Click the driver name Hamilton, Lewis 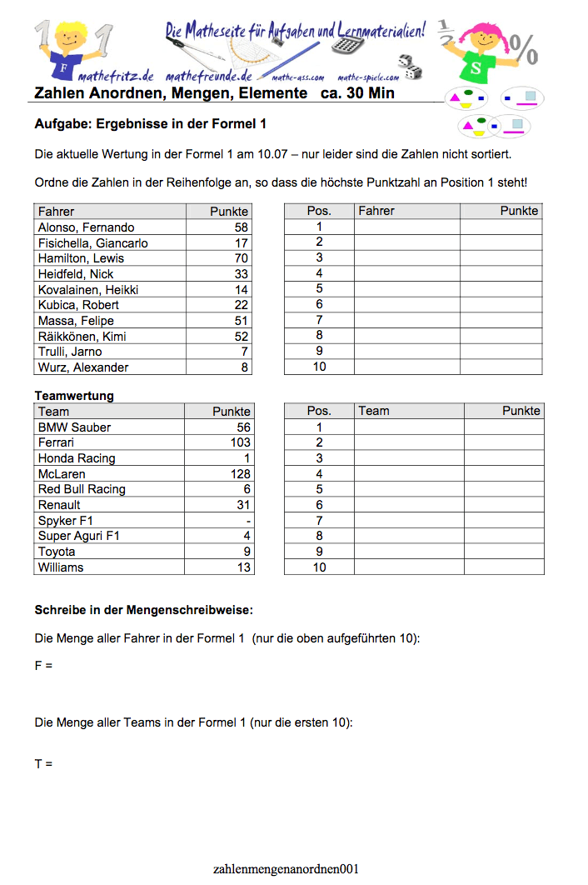coord(81,258)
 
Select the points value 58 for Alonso coord(241,227)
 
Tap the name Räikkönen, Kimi coord(82,337)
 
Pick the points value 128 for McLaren coord(240,474)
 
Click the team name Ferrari coord(56,442)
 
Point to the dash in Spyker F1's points coord(248,521)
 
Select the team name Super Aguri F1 coord(79,536)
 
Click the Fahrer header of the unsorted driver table coord(56,212)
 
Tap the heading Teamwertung coord(74,396)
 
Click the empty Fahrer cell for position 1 coord(406,227)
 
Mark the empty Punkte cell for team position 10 coord(503,567)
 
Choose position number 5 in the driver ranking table coord(319,289)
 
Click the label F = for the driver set coord(43,666)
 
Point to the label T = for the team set coord(43,763)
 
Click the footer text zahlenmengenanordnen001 coord(286,869)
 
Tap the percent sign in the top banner coord(524,48)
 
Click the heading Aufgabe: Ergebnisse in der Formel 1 coord(150,124)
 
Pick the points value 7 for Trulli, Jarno coord(244,352)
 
